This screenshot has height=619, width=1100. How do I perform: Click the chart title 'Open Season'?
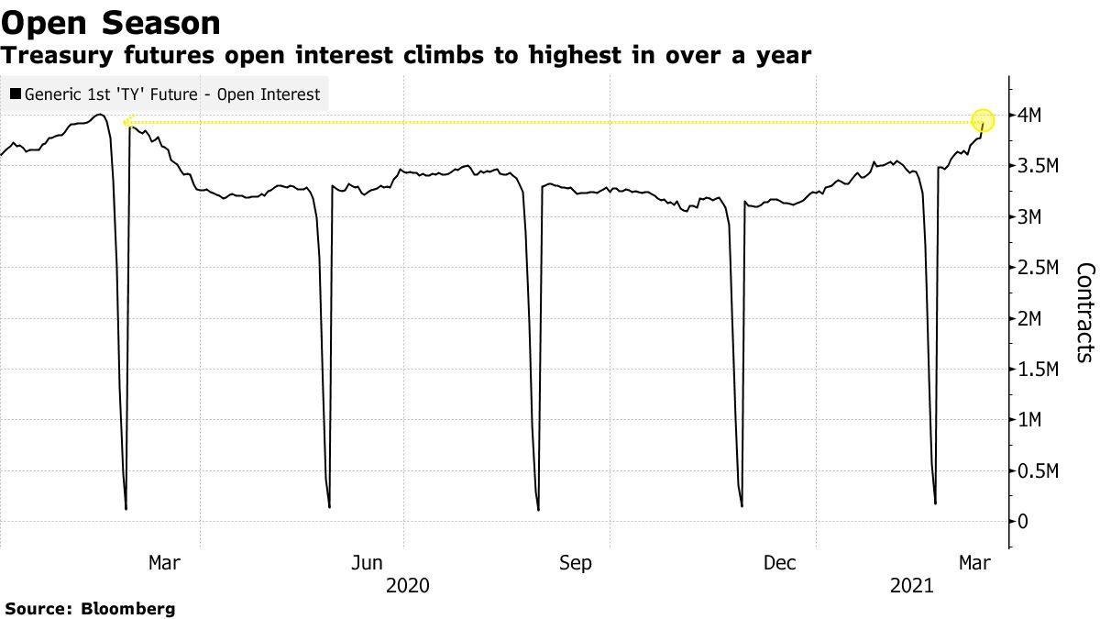pos(111,22)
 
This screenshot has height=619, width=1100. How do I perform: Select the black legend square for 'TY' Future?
pos(16,94)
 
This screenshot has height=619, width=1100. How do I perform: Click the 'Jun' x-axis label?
pos(368,562)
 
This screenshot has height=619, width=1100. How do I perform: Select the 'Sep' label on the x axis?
pos(576,562)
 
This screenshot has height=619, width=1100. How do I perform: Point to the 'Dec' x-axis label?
pos(780,562)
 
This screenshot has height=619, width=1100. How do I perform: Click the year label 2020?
pos(409,585)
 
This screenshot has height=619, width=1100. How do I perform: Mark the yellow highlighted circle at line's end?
pos(983,121)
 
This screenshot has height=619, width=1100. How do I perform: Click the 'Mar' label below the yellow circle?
pos(975,562)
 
